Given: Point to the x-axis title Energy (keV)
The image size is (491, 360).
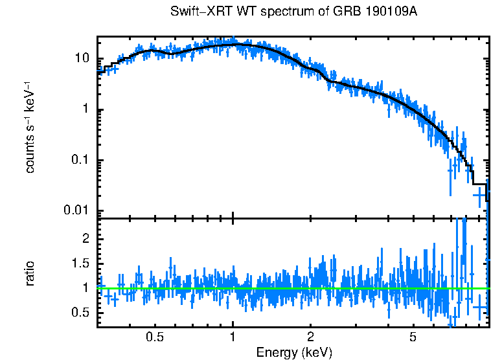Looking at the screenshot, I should click(x=294, y=352).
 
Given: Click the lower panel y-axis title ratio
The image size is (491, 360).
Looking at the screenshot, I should click(x=30, y=273).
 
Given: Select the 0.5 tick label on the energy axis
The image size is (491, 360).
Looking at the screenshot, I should click(x=155, y=337).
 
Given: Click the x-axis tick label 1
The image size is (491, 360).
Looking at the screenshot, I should click(x=233, y=337).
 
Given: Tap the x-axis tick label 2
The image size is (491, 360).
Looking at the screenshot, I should click(x=310, y=337).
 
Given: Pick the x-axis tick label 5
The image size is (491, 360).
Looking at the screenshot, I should click(x=413, y=337).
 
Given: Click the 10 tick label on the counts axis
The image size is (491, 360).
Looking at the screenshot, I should click(x=82, y=58).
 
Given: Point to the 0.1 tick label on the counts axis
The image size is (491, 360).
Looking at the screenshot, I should click(x=79, y=161).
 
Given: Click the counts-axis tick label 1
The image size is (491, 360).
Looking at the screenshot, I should click(x=85, y=109).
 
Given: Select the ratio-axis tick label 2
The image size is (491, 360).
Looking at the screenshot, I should click(x=85, y=239).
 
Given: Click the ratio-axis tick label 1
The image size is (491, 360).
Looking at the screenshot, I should click(x=85, y=288).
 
